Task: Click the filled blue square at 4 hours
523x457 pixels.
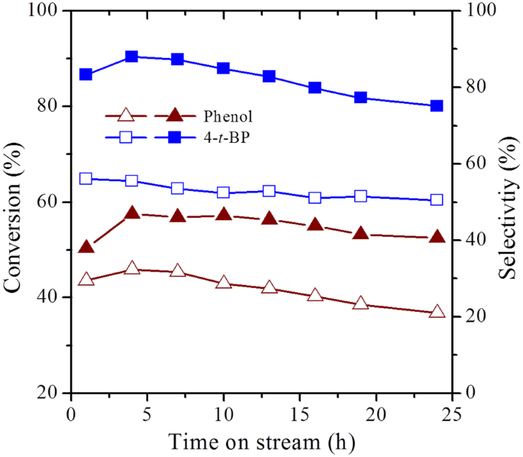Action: click(x=131, y=57)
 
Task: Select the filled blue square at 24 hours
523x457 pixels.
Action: click(x=437, y=106)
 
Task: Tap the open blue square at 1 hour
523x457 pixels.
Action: click(x=86, y=178)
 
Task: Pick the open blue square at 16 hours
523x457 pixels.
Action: click(x=315, y=198)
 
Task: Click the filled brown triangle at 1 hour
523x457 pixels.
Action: click(x=86, y=247)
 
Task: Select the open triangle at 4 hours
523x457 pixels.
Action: click(x=131, y=268)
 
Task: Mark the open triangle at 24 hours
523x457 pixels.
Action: click(x=437, y=312)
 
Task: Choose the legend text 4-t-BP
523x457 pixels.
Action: click(x=228, y=138)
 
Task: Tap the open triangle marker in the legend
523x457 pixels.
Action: click(x=127, y=116)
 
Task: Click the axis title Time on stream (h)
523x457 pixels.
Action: click(x=262, y=442)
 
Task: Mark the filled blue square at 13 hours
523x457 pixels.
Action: click(x=269, y=76)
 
